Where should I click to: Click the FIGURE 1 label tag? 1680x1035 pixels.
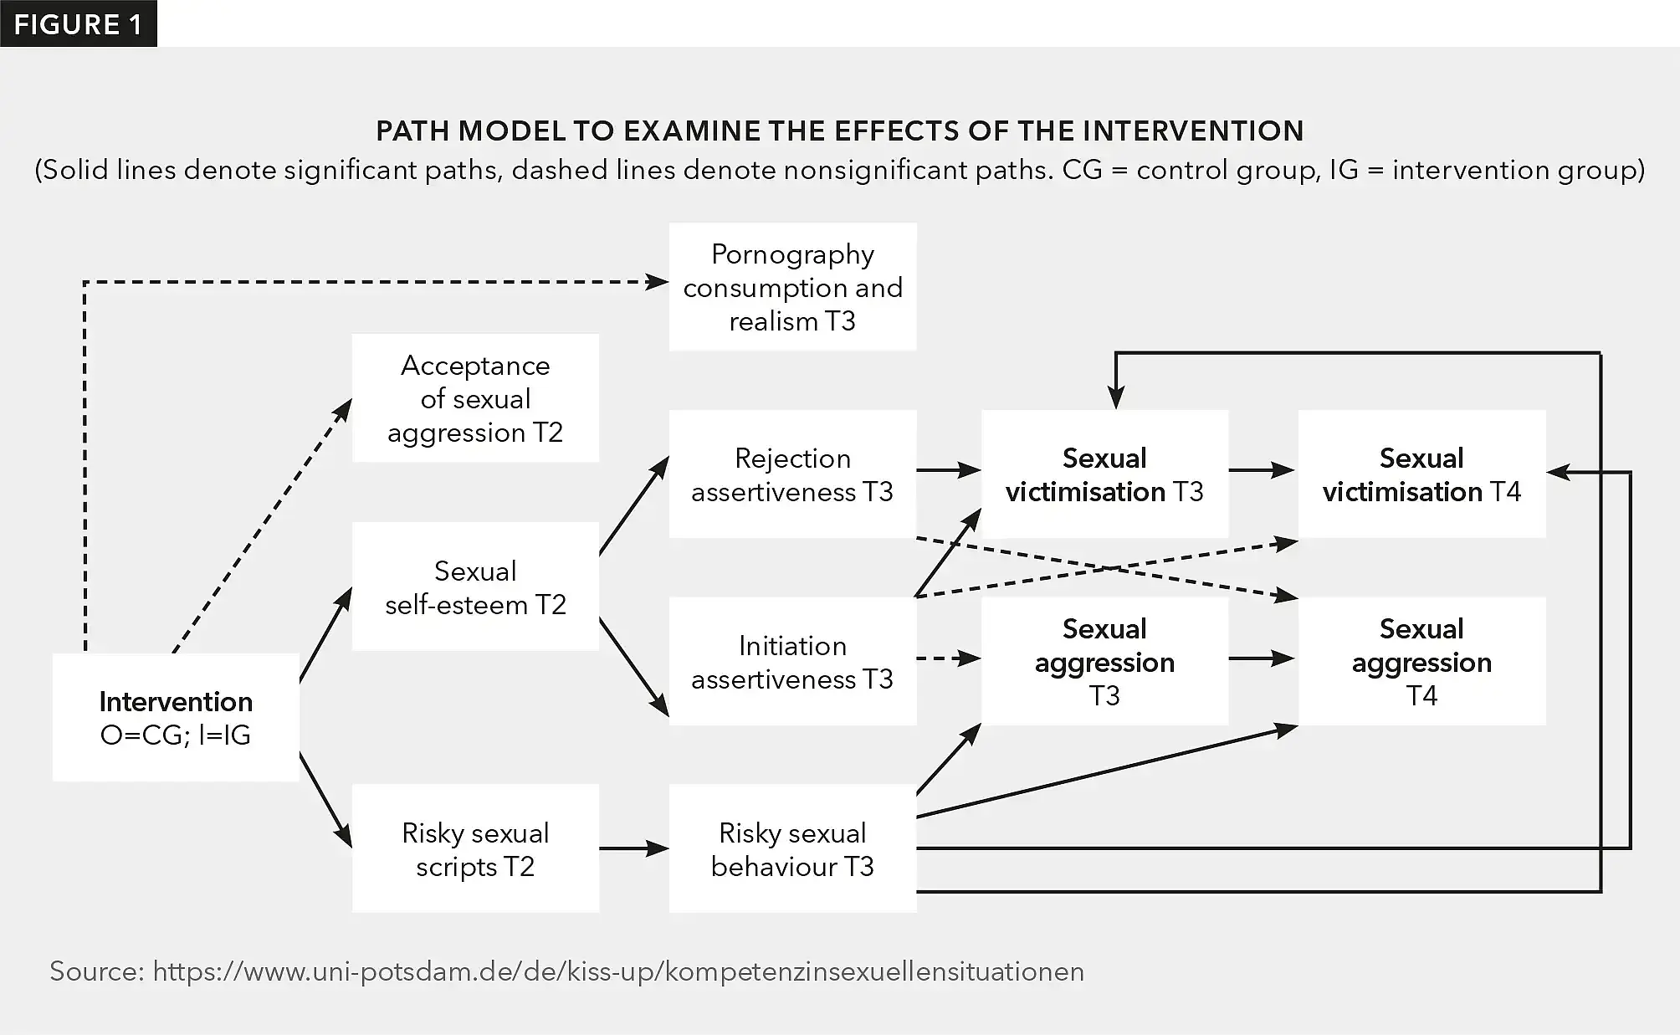(x=78, y=24)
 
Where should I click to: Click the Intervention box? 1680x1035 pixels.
(x=176, y=717)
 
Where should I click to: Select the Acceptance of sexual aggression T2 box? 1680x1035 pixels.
(x=475, y=398)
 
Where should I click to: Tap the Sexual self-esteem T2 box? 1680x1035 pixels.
(x=475, y=587)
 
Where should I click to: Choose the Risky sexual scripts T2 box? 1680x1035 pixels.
(x=475, y=848)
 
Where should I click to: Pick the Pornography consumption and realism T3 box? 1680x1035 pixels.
(x=792, y=287)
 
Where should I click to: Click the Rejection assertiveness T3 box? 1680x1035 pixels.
(x=792, y=474)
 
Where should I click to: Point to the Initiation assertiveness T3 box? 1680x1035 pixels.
(x=792, y=661)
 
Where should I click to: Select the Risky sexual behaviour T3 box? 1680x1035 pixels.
(x=792, y=848)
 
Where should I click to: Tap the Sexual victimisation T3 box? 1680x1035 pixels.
(x=1104, y=474)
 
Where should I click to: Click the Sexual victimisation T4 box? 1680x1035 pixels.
(x=1421, y=474)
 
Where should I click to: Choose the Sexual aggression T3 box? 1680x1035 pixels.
(x=1104, y=661)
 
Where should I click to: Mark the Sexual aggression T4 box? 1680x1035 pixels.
(x=1421, y=661)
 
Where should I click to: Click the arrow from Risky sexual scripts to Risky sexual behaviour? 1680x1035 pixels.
(x=633, y=848)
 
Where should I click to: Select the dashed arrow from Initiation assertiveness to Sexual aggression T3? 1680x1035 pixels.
(x=948, y=658)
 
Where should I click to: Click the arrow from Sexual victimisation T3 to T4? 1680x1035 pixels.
(x=1262, y=470)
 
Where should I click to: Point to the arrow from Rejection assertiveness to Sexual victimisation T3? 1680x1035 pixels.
(x=948, y=470)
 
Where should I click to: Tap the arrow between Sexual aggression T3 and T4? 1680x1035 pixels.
(x=1262, y=658)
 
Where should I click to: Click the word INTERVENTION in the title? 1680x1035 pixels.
(x=1193, y=131)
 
